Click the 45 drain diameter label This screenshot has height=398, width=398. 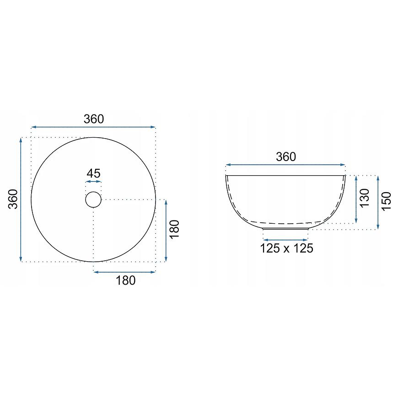click(x=94, y=173)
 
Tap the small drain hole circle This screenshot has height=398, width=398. click(x=93, y=199)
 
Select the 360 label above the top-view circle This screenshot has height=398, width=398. click(x=94, y=119)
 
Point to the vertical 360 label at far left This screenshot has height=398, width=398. click(x=13, y=199)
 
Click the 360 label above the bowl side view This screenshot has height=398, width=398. click(x=286, y=157)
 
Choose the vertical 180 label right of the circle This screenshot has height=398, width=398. click(x=175, y=229)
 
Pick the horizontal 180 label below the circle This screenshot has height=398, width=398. click(x=125, y=280)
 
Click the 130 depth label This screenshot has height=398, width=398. click(x=365, y=198)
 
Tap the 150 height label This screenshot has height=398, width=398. click(x=386, y=201)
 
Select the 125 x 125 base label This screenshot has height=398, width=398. click(x=286, y=248)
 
